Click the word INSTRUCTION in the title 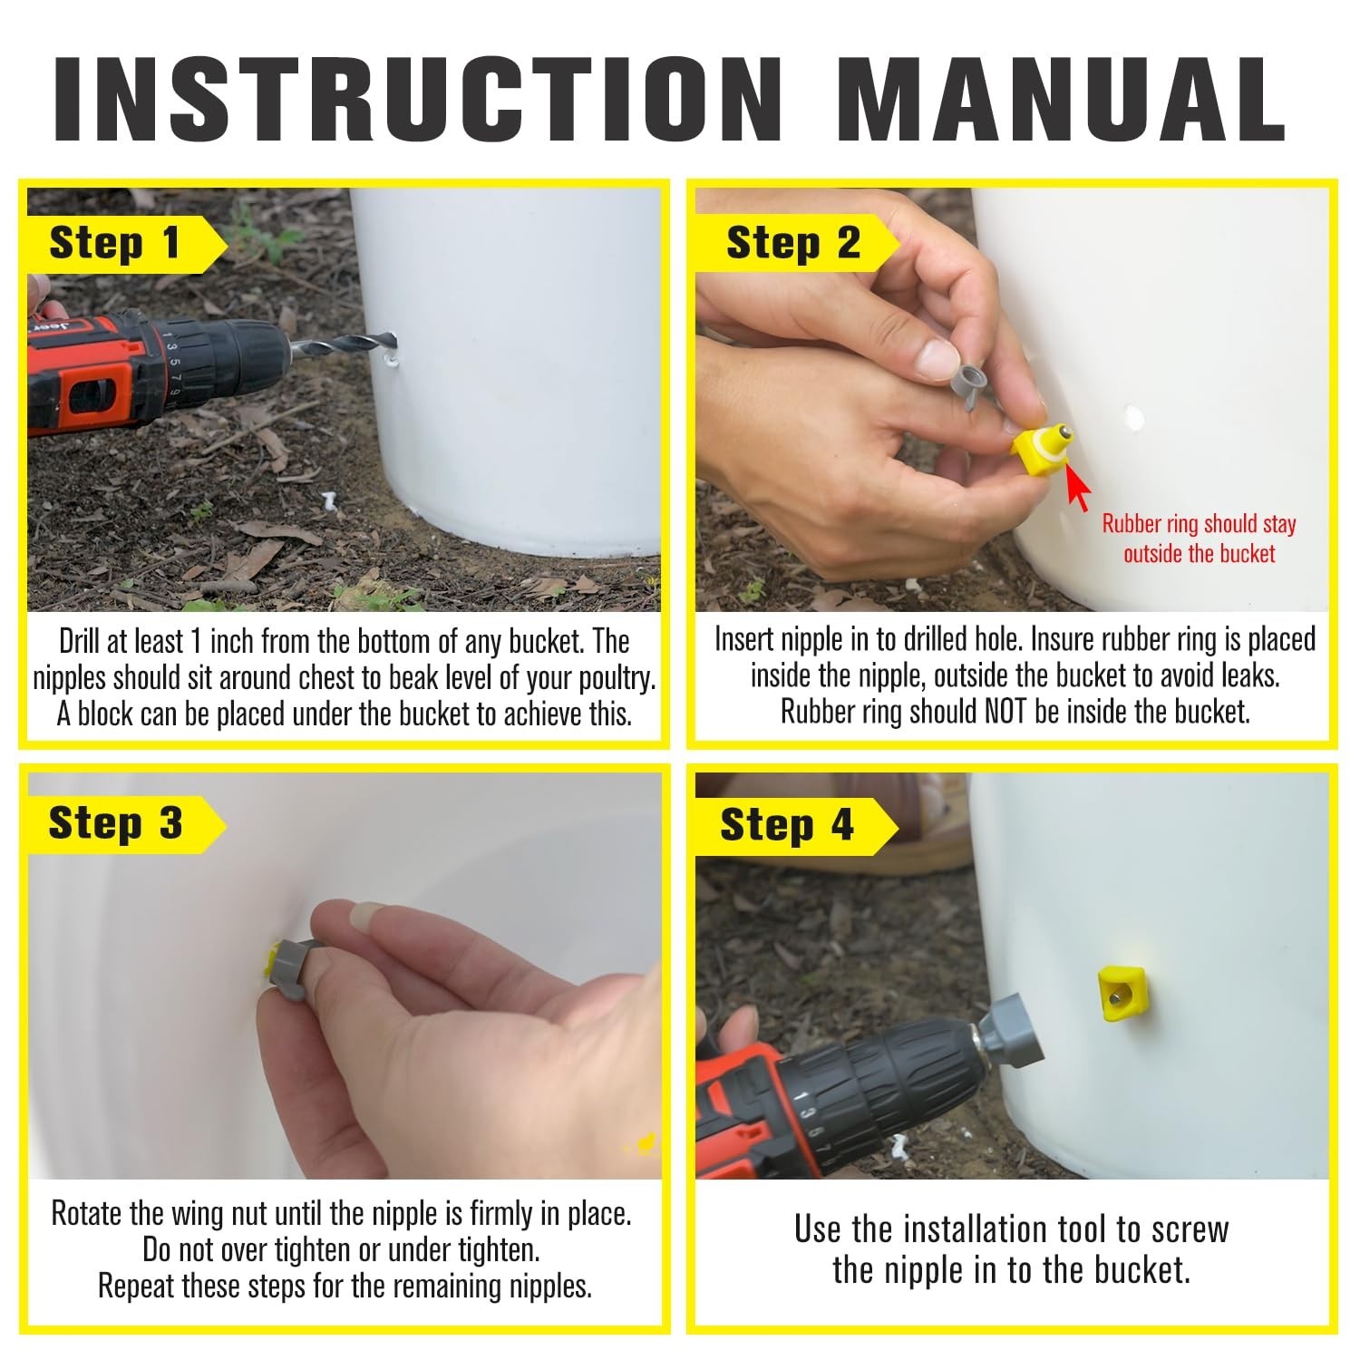(418, 99)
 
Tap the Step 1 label (115, 244)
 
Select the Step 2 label (793, 244)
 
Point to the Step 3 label (116, 823)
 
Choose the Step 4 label (787, 826)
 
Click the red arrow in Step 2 (1076, 487)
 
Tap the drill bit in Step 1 (345, 345)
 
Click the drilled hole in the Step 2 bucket (1133, 418)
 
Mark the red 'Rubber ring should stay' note (1199, 524)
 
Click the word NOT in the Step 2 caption (1005, 712)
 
